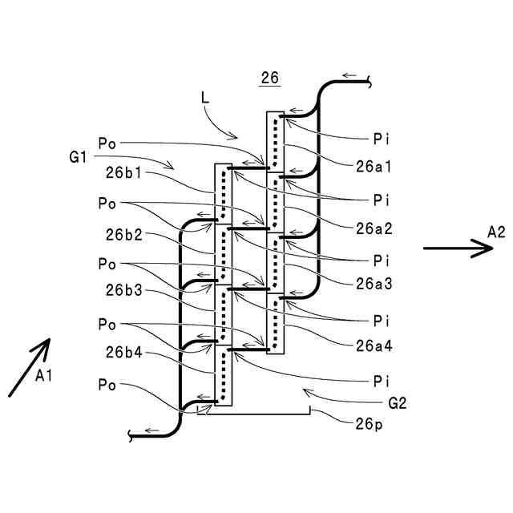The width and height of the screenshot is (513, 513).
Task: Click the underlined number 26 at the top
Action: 270,78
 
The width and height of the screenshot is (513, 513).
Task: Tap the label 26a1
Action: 374,167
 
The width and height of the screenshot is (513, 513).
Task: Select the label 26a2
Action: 374,228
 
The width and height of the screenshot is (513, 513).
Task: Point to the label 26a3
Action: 374,284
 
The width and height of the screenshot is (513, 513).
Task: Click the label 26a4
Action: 374,345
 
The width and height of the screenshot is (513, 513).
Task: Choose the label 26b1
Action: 123,173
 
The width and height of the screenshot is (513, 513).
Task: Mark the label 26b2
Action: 124,235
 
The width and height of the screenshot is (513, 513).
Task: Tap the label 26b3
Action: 124,290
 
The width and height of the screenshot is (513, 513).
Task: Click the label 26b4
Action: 124,353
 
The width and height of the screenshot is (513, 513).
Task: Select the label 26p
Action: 369,424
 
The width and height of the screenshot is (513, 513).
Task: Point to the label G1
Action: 78,157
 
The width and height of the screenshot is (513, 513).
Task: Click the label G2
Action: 398,403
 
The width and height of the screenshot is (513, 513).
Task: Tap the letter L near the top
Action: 205,98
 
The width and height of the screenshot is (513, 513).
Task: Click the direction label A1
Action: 43,376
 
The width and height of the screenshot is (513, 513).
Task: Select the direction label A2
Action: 496,232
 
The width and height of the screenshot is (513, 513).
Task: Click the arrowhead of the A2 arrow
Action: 492,248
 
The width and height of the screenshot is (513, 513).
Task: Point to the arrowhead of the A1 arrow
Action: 49,339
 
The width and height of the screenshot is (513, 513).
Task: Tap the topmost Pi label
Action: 382,139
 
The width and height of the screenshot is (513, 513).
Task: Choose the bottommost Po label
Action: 107,385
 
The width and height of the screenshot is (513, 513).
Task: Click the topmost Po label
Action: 107,143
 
